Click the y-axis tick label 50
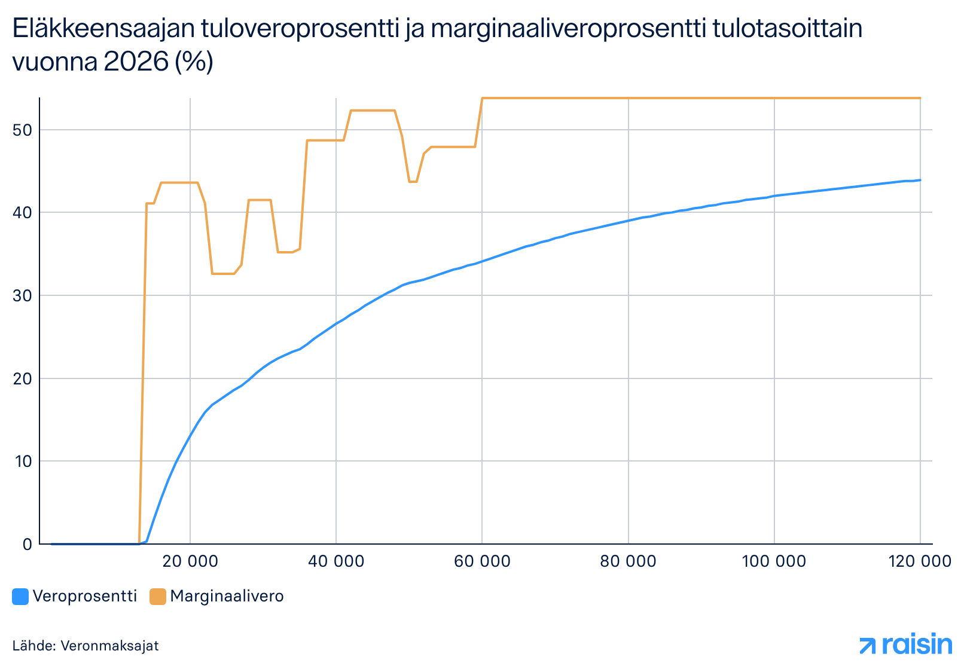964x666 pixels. pos(22,130)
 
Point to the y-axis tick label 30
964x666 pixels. pos(22,296)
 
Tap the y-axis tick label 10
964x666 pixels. pos(22,462)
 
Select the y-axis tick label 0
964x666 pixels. pos(28,545)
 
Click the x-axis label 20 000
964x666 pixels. pos(190,561)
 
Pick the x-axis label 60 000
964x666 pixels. pos(482,561)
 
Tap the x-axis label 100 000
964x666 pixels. pos(774,561)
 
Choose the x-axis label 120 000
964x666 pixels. pos(920,561)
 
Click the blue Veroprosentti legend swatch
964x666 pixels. pos(20,597)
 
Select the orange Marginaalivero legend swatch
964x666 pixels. pos(158,597)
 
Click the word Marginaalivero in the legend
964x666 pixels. pos(227,597)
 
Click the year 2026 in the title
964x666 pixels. pos(136,62)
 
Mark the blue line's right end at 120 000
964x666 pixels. pos(920,180)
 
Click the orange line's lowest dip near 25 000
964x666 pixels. pos(223,273)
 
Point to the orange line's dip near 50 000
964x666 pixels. pos(413,181)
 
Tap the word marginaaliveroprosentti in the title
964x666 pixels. pos(568,29)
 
